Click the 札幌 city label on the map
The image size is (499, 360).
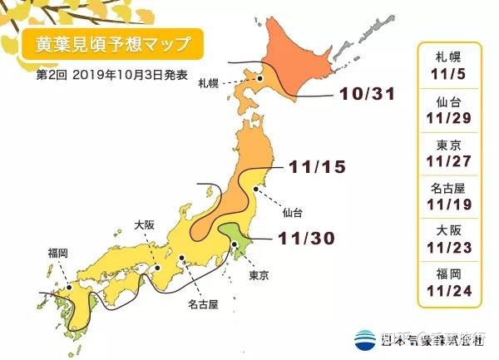[x=209, y=84]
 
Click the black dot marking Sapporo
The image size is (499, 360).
[x=259, y=78]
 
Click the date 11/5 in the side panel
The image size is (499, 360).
[x=451, y=71]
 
